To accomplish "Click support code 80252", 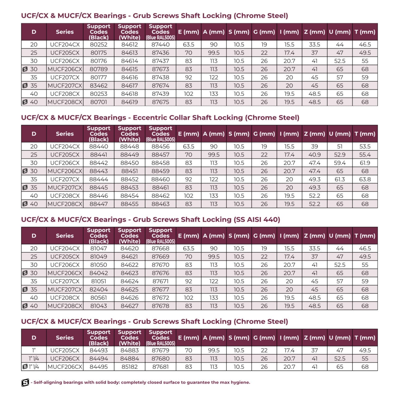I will coord(99,45).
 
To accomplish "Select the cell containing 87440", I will coord(161,45).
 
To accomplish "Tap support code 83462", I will coord(99,86).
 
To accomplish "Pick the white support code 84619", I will coord(129,102).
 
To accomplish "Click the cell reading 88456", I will coord(161,147).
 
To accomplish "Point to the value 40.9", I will coord(315,155).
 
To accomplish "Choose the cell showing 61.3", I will coord(340,179).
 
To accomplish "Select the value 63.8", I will coord(365,179).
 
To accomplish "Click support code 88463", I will coord(161,204).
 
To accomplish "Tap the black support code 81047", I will coord(99,248).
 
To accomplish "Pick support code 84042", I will coord(99,273).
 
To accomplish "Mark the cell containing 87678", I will coord(161,306).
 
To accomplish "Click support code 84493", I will coord(99,350).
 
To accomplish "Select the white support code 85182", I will coord(129,367).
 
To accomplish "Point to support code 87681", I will coord(161,367).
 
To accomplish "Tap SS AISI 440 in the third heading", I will coord(257,220).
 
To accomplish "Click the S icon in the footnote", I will coord(25,382).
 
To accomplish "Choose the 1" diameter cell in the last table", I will coord(34,350).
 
